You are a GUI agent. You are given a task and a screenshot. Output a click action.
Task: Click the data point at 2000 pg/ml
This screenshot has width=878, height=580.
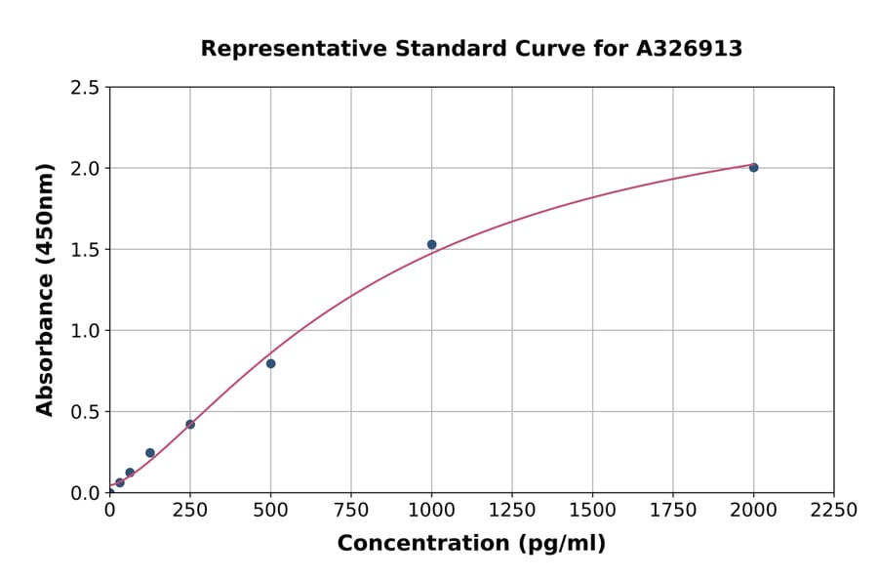tap(753, 167)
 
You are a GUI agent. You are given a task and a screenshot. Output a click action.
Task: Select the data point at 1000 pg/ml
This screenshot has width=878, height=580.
tap(431, 244)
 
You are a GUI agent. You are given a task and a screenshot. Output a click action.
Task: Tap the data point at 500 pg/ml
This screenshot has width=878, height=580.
tap(270, 363)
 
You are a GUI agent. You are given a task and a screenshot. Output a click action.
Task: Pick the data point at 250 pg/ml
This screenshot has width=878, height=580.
tap(190, 424)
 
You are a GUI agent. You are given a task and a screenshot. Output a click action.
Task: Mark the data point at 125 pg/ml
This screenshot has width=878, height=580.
tap(149, 452)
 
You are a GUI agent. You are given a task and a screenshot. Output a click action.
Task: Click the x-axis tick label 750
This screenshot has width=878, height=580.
tap(351, 511)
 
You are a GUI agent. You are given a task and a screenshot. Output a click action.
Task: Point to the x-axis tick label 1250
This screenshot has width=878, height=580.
tap(512, 511)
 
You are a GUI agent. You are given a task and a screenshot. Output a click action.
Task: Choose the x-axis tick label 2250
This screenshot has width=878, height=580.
tap(833, 511)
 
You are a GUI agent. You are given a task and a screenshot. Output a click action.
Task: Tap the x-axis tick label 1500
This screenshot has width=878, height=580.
tap(592, 511)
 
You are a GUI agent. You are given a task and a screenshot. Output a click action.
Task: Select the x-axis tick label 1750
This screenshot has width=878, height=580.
tap(673, 511)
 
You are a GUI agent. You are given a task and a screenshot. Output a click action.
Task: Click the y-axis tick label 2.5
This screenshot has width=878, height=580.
tap(85, 88)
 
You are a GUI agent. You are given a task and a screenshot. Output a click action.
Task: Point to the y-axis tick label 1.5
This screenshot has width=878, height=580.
tap(85, 250)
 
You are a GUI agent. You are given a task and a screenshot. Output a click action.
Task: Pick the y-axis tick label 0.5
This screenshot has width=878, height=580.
tap(85, 412)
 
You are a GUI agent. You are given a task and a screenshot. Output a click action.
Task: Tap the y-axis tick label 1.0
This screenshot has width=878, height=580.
tap(85, 331)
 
